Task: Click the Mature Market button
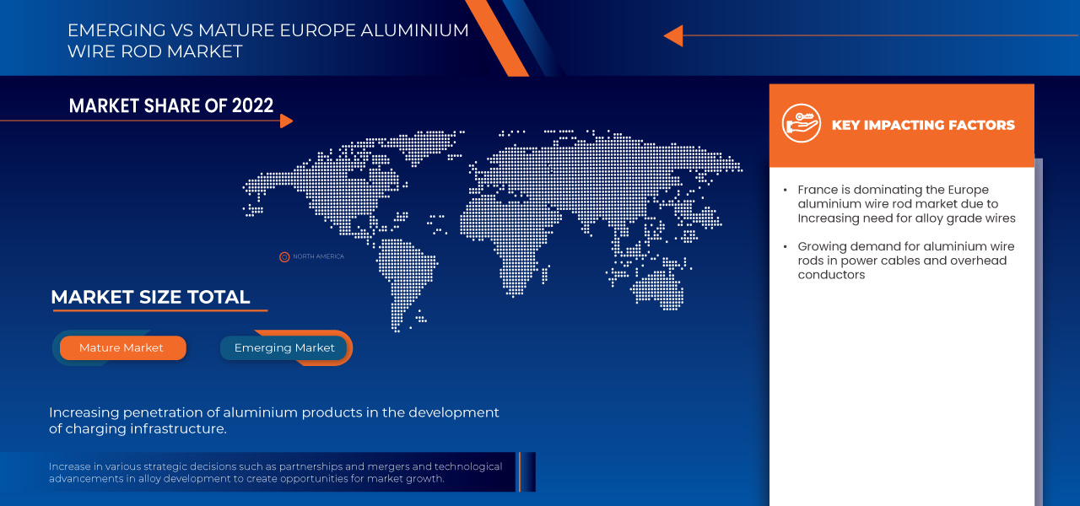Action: point(121,347)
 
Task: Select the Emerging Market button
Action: point(284,347)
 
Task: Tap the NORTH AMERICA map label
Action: point(318,256)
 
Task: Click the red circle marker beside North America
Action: point(284,256)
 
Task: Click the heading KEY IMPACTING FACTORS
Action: point(923,125)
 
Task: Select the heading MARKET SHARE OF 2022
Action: point(171,105)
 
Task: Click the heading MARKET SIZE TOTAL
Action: point(150,297)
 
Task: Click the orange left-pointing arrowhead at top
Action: point(672,35)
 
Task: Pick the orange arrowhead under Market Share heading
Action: point(286,121)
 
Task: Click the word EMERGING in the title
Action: point(116,30)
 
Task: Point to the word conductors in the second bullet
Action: point(831,275)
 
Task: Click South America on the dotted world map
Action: point(405,270)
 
